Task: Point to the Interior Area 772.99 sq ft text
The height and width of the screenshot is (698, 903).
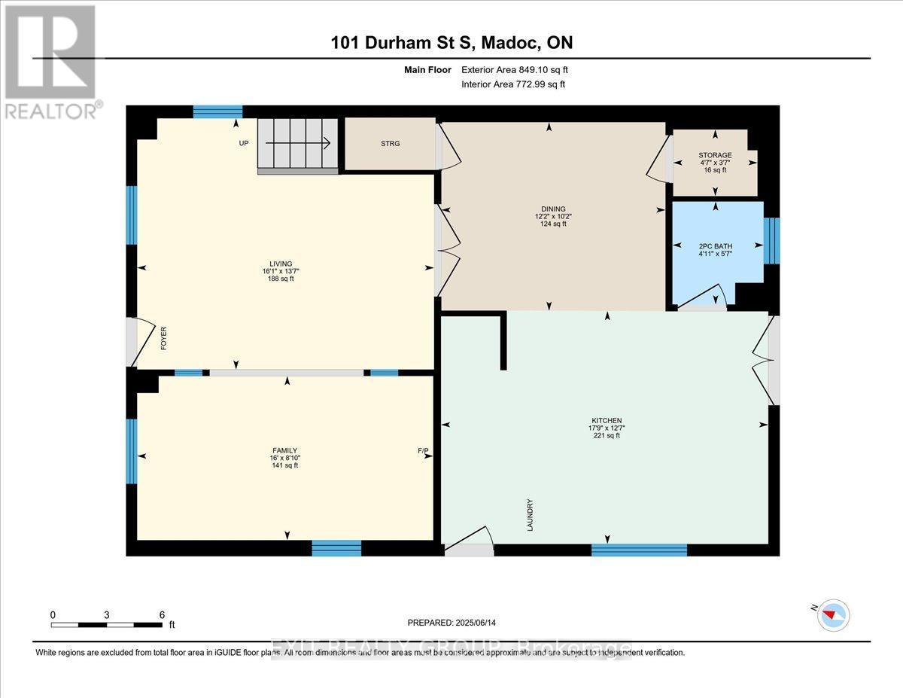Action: [x=512, y=84]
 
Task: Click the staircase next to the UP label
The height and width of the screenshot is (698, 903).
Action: [x=298, y=145]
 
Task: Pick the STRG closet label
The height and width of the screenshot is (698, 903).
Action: [x=390, y=144]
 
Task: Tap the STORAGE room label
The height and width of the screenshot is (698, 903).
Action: [x=714, y=155]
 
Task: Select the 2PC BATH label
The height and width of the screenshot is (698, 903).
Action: [x=715, y=246]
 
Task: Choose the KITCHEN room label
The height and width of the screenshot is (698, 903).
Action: [x=606, y=420]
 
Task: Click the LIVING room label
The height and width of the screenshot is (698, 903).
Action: [x=282, y=264]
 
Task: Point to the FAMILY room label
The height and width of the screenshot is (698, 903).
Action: [x=284, y=450]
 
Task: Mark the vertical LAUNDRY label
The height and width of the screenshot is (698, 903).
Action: [x=531, y=515]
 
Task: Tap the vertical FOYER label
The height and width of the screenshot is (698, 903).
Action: [x=163, y=340]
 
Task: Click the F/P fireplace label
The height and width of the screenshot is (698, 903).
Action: [x=423, y=452]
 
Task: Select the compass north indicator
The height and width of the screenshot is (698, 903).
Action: [x=833, y=615]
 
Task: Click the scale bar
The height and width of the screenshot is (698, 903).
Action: [x=107, y=624]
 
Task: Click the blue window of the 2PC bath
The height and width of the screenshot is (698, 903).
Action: [x=771, y=241]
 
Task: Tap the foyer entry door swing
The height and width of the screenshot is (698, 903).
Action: [x=139, y=343]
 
